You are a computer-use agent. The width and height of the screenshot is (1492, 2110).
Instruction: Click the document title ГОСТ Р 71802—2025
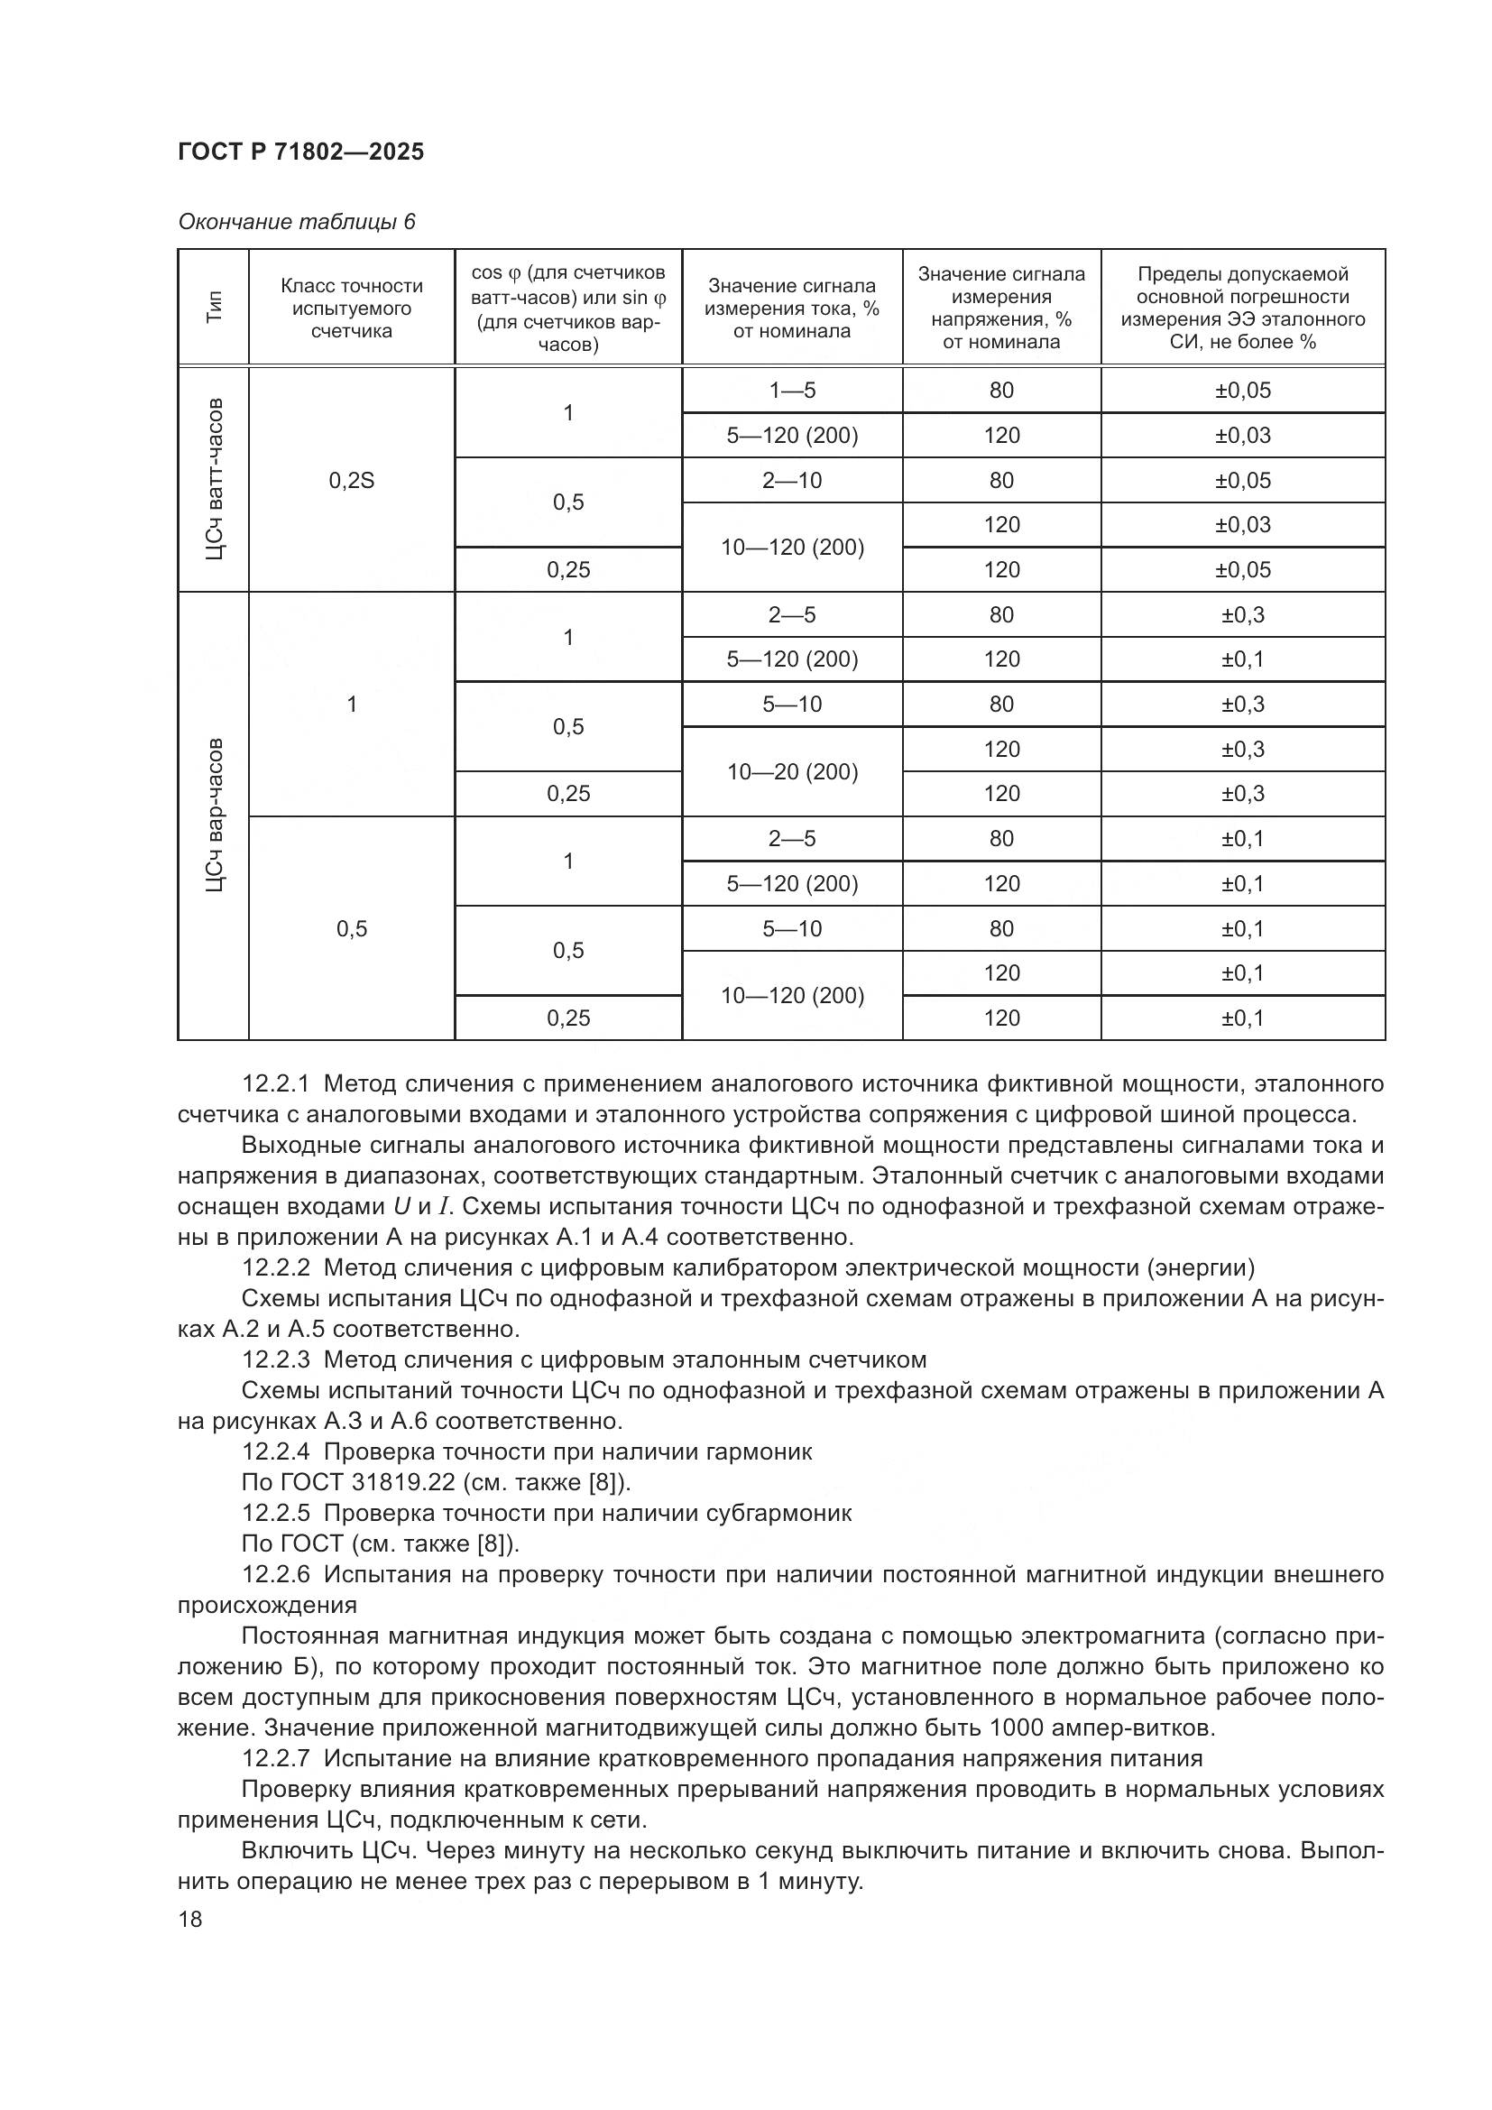click(x=300, y=152)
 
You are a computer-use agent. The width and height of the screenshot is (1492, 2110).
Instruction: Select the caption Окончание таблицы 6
click(x=296, y=222)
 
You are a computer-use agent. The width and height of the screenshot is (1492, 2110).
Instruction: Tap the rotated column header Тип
click(x=213, y=307)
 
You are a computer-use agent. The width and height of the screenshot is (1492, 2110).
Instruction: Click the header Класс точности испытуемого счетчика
click(x=351, y=308)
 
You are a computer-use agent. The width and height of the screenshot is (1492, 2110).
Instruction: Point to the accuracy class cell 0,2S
click(x=351, y=480)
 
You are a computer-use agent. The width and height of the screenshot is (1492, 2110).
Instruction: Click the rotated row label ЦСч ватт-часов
click(x=213, y=480)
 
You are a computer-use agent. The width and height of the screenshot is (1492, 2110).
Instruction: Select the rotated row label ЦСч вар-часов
click(x=213, y=815)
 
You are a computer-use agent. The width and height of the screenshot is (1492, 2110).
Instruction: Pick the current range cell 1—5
click(x=792, y=390)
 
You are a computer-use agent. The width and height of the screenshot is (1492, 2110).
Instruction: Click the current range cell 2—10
click(x=792, y=480)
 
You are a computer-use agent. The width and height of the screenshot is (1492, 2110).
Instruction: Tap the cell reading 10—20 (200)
click(x=792, y=771)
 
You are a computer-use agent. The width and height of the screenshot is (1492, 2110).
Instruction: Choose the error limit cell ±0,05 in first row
click(x=1242, y=390)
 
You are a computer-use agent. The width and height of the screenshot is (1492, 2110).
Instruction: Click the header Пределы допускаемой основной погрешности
click(x=1242, y=308)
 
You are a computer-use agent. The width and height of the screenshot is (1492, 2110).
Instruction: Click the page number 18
click(x=190, y=1919)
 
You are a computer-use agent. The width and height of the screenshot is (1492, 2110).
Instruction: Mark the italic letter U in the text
click(x=401, y=1207)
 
